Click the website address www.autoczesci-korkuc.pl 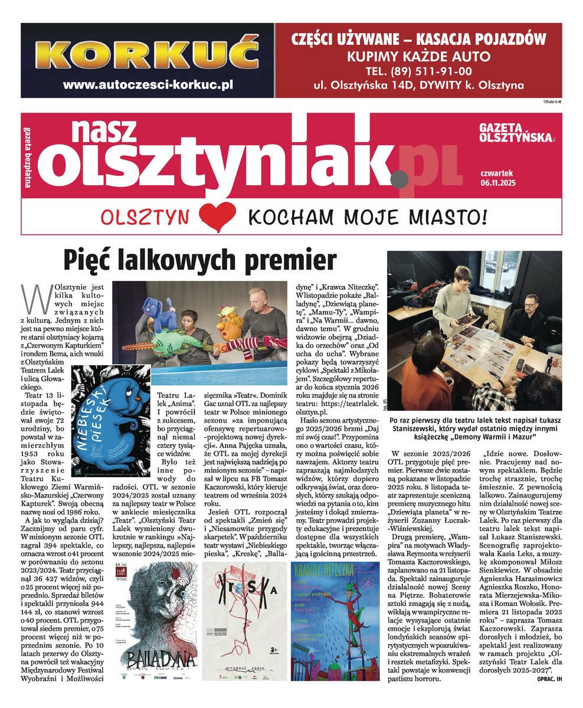pos(148,84)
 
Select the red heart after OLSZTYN pos(217,216)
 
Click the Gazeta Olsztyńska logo pos(517,133)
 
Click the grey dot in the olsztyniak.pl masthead pos(402,176)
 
